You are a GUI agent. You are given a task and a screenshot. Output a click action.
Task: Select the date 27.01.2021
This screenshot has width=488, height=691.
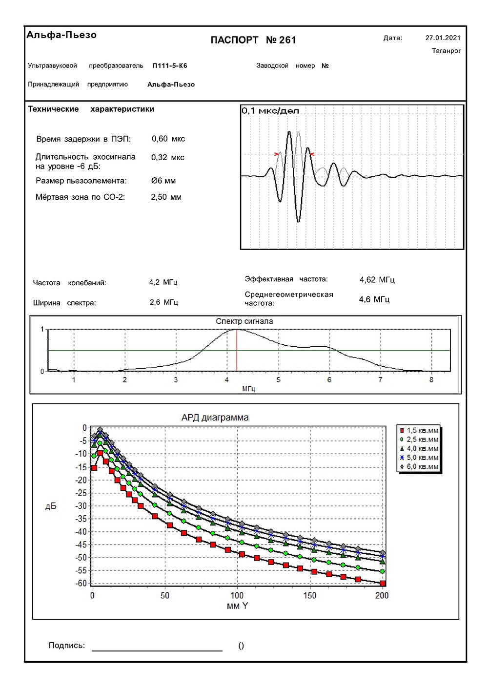point(443,38)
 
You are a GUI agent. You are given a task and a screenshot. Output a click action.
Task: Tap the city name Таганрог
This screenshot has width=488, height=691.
point(446,51)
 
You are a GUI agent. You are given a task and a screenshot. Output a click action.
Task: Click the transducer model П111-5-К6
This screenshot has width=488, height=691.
point(170,65)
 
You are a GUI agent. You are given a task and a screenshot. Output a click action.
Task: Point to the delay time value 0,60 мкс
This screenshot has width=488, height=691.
point(168,139)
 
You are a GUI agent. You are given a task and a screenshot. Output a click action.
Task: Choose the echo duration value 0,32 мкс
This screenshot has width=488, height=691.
point(168,157)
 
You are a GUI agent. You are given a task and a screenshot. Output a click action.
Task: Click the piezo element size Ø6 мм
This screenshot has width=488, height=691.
point(163,181)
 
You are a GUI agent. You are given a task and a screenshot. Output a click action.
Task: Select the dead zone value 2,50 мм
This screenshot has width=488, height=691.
point(166,197)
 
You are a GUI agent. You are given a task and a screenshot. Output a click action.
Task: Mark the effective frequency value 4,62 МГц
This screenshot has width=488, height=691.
point(377,280)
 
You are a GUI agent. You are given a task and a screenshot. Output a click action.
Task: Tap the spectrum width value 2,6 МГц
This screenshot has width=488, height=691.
point(164,302)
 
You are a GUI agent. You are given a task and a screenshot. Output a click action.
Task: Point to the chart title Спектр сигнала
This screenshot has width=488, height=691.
point(244,321)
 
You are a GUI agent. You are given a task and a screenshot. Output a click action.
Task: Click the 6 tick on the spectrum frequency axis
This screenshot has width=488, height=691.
point(329,380)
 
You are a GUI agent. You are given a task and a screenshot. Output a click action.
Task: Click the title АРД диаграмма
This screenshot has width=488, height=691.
point(215,418)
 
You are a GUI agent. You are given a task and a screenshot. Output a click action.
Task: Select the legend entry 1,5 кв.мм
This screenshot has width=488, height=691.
point(422,430)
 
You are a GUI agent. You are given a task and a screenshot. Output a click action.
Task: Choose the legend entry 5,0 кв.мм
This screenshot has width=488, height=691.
point(422,458)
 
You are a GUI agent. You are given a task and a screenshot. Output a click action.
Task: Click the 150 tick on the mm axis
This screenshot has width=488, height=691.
point(310,595)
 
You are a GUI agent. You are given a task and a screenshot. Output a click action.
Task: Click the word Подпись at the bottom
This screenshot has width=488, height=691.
point(66,646)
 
